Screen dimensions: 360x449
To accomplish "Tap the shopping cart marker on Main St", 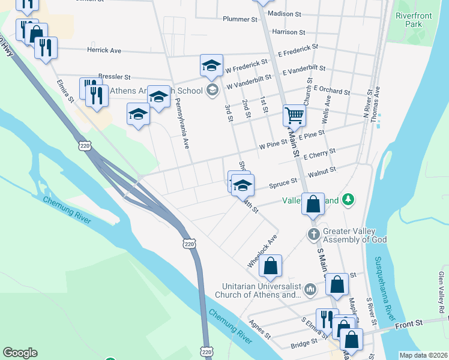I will pyautogui.click(x=294, y=115).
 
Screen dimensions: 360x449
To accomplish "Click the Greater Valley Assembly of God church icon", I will pyautogui.click(x=313, y=233).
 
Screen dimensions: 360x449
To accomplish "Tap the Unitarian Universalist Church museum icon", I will pyautogui.click(x=310, y=290).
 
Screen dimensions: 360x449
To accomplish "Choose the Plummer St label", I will pyautogui.click(x=240, y=19).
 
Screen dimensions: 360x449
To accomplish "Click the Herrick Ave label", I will pyautogui.click(x=104, y=50).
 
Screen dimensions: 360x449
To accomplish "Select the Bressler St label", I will pyautogui.click(x=114, y=77).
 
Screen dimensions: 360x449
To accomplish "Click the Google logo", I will pyautogui.click(x=20, y=353).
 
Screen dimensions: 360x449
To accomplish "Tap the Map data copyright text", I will pyautogui.click(x=424, y=355).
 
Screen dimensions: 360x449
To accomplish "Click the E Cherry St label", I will pyautogui.click(x=319, y=154).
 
